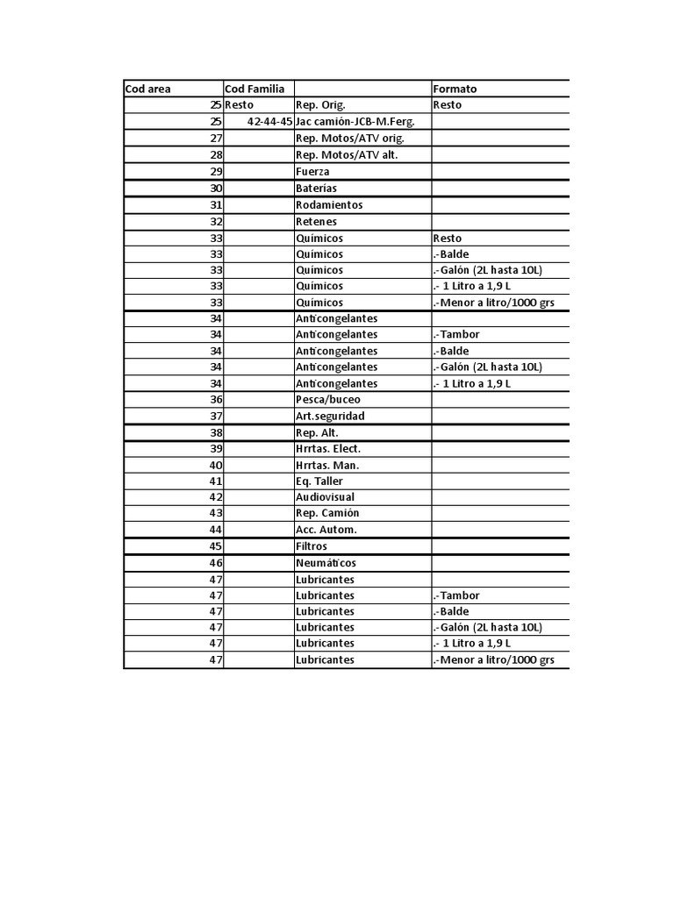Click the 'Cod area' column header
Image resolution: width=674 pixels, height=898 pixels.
click(x=148, y=89)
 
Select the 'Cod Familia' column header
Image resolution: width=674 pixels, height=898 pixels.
click(x=255, y=89)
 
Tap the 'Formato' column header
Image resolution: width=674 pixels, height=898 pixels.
click(x=455, y=89)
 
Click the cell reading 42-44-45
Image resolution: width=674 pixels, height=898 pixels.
click(x=270, y=122)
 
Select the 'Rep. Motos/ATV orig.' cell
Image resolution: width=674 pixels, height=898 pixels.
click(x=349, y=139)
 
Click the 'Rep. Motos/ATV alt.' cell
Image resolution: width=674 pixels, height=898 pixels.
click(x=347, y=155)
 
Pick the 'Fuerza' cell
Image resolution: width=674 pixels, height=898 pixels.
click(x=312, y=172)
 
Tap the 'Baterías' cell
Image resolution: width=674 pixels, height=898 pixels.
click(x=316, y=189)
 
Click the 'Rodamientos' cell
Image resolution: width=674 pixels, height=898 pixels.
click(x=329, y=205)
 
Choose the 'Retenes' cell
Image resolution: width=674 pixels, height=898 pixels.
click(x=316, y=222)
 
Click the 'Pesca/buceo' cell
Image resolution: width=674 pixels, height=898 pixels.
click(x=327, y=400)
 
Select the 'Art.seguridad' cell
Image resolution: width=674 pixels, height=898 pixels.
click(x=330, y=416)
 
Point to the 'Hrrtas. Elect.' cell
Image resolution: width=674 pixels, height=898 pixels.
click(x=328, y=449)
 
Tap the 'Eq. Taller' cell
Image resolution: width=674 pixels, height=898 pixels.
click(x=319, y=481)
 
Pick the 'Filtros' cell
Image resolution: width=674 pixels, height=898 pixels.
click(x=312, y=546)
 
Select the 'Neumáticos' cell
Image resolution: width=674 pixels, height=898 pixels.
click(x=326, y=563)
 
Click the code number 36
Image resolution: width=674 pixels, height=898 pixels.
click(x=216, y=400)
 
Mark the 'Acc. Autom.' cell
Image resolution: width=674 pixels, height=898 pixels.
click(x=326, y=530)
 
